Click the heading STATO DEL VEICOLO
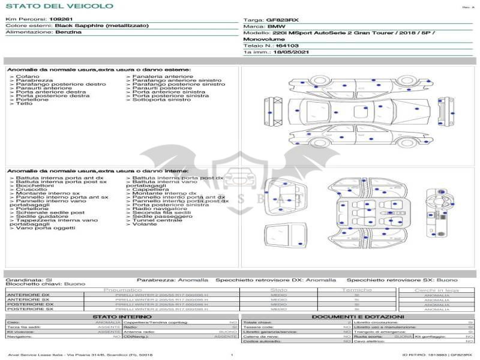click(59, 6)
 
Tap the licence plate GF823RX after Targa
click(282, 20)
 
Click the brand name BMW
click(277, 27)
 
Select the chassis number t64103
click(287, 46)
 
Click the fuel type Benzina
click(68, 32)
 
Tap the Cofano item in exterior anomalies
click(28, 77)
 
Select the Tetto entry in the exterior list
click(24, 104)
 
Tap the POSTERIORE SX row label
click(29, 309)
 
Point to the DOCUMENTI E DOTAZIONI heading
click(358, 316)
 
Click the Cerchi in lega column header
click(436, 290)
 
